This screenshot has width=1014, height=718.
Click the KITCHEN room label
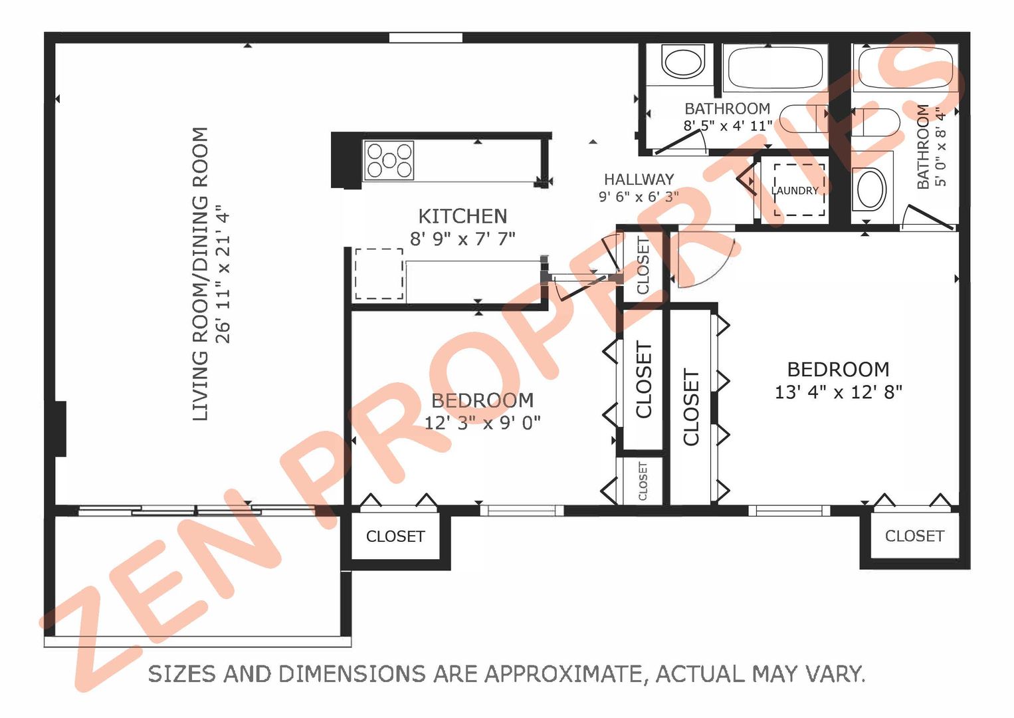(x=462, y=217)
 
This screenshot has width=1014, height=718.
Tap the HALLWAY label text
(x=639, y=179)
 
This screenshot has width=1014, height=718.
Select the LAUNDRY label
(x=795, y=191)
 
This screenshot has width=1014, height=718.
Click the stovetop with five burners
(x=389, y=160)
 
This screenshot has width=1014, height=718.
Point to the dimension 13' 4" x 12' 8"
(x=839, y=392)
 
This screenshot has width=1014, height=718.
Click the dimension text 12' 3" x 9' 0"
(x=482, y=423)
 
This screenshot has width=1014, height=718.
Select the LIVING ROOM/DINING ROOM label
(x=200, y=274)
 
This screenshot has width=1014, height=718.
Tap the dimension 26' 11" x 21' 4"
(x=223, y=274)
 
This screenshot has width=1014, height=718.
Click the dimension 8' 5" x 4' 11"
(x=728, y=126)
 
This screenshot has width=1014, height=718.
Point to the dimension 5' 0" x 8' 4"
(x=941, y=147)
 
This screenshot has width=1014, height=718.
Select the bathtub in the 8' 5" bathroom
(x=775, y=68)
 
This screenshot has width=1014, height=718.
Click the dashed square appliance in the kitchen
(x=379, y=274)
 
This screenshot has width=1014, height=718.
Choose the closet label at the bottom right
(x=914, y=536)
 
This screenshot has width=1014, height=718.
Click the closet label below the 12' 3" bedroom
(x=395, y=537)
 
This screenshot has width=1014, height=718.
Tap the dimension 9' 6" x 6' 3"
(x=639, y=197)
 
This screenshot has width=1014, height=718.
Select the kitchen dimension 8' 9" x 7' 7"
(x=462, y=239)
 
